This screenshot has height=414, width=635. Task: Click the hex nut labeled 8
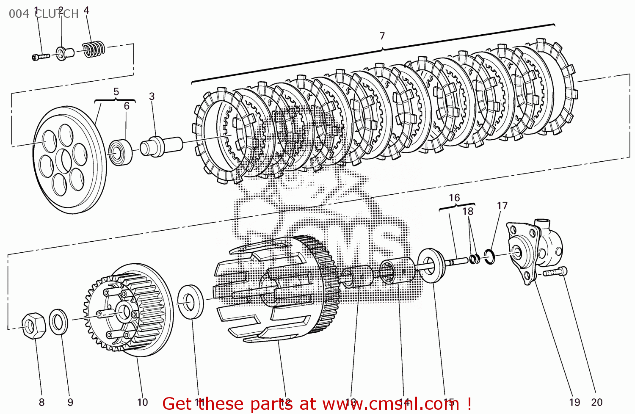(x=33, y=326)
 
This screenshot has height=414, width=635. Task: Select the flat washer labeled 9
(x=58, y=322)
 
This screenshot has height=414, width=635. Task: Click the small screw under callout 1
(x=40, y=56)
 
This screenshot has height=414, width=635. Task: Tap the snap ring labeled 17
(x=489, y=256)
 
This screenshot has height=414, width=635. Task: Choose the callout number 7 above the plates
(x=382, y=36)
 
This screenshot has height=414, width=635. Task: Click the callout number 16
(x=454, y=198)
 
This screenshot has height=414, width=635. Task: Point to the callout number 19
(x=574, y=402)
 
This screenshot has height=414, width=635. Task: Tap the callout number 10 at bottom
(x=143, y=402)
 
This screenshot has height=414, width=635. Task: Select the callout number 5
(x=116, y=92)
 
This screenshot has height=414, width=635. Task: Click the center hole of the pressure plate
(x=66, y=161)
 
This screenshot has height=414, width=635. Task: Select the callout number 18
(x=468, y=211)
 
